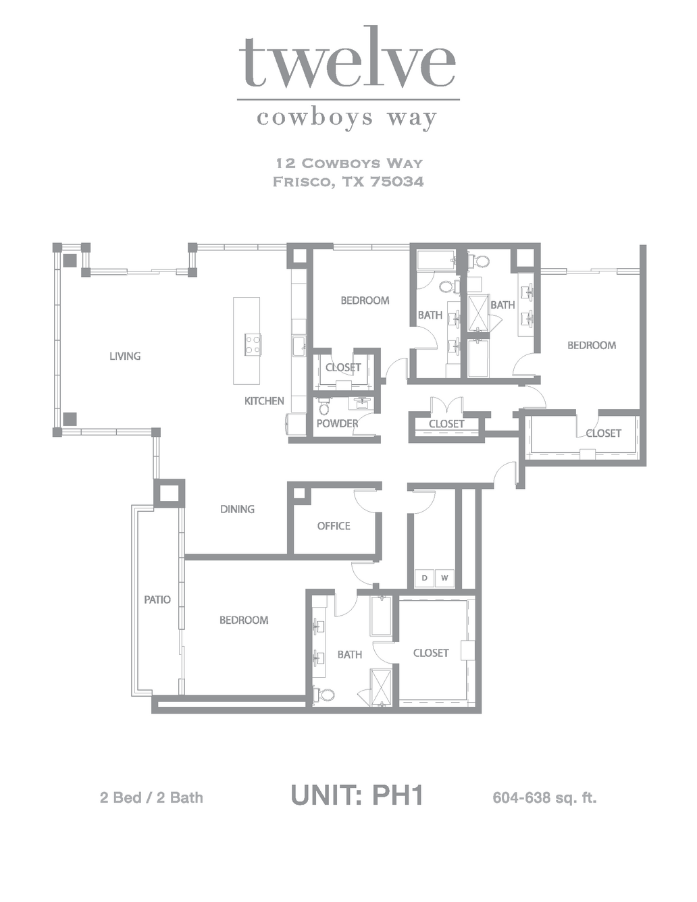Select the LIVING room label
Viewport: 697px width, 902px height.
(125, 356)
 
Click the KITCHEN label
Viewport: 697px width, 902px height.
(264, 401)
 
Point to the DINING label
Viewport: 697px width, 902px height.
(237, 509)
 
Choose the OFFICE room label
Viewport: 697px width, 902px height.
(334, 526)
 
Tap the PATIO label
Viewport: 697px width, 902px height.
(157, 600)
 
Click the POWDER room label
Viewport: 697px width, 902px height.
(337, 423)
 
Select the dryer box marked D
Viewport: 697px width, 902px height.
(424, 578)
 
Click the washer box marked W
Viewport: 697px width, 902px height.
(444, 578)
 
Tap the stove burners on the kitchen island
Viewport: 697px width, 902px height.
(253, 344)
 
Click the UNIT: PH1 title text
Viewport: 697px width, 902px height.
(357, 795)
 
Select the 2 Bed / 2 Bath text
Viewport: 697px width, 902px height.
(151, 797)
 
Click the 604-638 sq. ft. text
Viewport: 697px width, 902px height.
(544, 798)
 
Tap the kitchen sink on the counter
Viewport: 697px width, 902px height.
(299, 346)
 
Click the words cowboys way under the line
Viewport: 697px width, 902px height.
(347, 119)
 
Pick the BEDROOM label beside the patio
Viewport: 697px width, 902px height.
(244, 620)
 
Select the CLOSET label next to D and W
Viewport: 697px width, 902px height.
(431, 653)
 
